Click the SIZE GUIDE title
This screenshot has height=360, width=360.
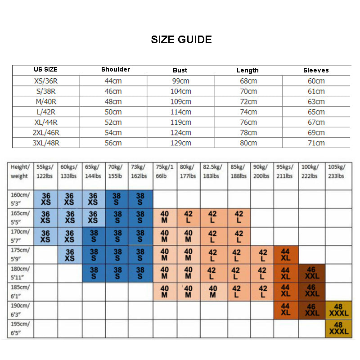tap(181, 40)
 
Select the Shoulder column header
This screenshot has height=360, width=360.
tap(116, 69)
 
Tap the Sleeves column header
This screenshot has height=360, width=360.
tap(316, 70)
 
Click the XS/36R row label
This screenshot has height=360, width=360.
tap(46, 81)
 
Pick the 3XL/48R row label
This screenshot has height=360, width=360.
tap(46, 143)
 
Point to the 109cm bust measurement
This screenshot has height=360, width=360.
tap(180, 102)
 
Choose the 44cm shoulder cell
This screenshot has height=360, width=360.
tap(113, 81)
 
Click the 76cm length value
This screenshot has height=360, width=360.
tap(248, 122)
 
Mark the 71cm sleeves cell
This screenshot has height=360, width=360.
tap(316, 143)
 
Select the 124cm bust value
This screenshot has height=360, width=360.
tap(180, 133)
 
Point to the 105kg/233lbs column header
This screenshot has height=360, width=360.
tap(337, 171)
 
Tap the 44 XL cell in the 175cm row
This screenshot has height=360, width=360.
tap(285, 255)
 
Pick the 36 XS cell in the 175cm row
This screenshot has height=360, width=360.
tap(70, 255)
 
